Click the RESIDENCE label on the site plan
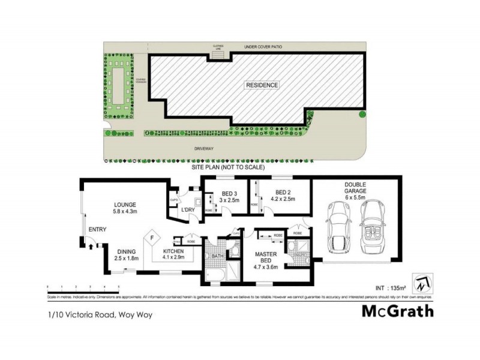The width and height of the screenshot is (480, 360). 262,85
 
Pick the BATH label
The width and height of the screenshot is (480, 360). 217,256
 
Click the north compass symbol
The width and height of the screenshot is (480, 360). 425,284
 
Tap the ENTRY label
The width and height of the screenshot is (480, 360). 97,230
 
